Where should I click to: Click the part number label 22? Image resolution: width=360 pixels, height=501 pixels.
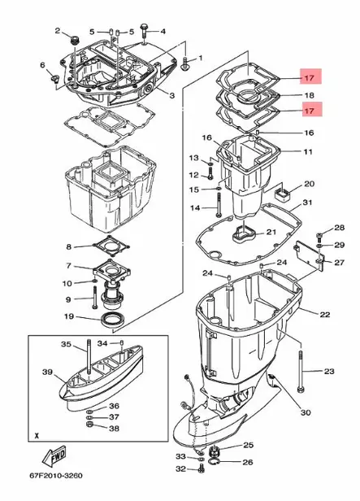tap(325, 314)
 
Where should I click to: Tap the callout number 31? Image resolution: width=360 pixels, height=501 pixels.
tap(307, 203)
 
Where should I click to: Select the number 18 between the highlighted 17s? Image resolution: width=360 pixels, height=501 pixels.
tap(309, 95)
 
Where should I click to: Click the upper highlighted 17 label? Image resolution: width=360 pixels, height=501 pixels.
tap(309, 79)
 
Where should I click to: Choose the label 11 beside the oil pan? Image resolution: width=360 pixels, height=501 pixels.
tap(307, 152)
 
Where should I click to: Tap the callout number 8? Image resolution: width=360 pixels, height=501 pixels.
tap(68, 246)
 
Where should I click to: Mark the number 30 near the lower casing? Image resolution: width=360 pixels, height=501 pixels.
tap(305, 413)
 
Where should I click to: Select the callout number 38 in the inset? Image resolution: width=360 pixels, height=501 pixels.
tap(114, 428)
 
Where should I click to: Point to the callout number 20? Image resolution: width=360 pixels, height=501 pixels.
tap(308, 184)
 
